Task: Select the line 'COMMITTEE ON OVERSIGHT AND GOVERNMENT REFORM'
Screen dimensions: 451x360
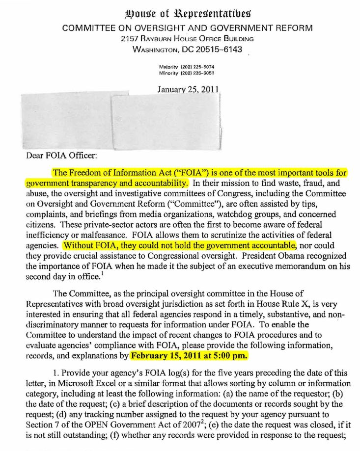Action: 187,28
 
